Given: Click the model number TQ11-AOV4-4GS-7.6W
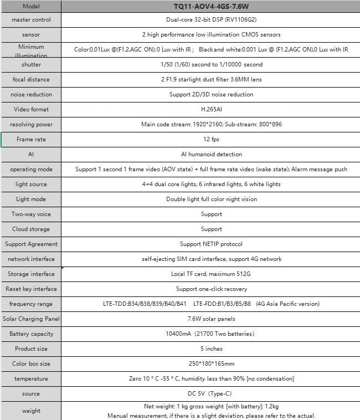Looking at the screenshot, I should [x=211, y=7].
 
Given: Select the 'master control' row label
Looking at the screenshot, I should [x=31, y=20].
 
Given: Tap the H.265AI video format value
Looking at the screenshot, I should [x=211, y=110].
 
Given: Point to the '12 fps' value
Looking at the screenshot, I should [x=211, y=140].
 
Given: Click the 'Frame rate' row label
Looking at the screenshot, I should [x=31, y=140].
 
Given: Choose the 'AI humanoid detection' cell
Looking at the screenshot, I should [x=211, y=155].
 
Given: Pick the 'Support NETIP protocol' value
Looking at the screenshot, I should [x=211, y=244].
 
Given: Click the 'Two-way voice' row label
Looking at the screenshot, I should [x=31, y=214].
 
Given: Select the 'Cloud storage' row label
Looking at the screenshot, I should [x=31, y=229].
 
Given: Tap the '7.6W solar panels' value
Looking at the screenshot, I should [x=211, y=319].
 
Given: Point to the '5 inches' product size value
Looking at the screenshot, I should [x=211, y=349].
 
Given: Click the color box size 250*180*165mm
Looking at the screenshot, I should [x=211, y=364].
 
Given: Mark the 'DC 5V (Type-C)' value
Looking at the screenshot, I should [x=211, y=394].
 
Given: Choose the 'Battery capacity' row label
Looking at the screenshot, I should [x=31, y=334].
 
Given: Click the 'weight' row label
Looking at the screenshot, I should [x=31, y=411].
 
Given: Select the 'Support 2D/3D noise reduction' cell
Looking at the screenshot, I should [x=211, y=95].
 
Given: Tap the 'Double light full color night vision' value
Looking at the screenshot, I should [x=211, y=199].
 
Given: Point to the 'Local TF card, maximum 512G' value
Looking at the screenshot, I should [x=211, y=274].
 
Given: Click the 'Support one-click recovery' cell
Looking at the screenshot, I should [x=211, y=289].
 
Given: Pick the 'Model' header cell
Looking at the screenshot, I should [x=31, y=7].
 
